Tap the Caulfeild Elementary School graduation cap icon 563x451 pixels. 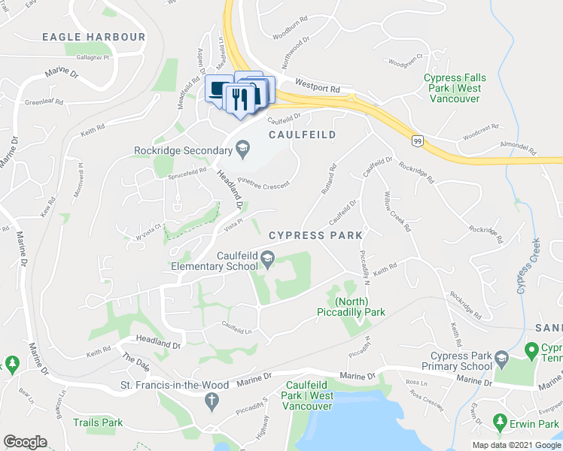267,260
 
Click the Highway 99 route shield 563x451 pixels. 418,141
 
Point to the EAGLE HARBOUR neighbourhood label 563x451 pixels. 93,36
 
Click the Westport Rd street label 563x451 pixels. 318,88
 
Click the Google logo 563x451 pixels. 25,442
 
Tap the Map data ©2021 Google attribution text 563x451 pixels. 516,445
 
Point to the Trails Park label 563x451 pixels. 98,422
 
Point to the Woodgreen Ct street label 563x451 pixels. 405,59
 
